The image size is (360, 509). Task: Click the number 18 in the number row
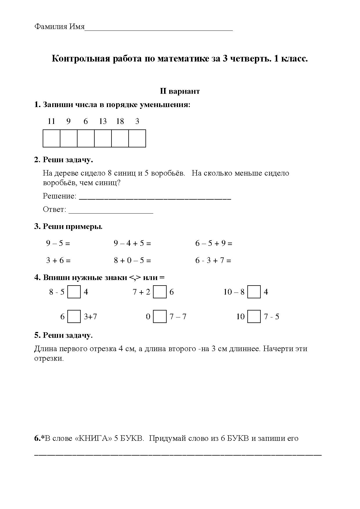[x=120, y=121]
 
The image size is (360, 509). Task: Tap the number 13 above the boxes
[x=103, y=121]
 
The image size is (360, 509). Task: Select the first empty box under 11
[x=51, y=138]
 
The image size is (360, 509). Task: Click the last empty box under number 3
[x=137, y=138]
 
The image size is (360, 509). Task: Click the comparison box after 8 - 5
[x=74, y=292]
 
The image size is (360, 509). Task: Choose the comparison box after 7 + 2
[x=160, y=292]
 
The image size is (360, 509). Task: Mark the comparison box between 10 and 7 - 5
[x=254, y=316]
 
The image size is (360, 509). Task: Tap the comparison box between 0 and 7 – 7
[x=160, y=316]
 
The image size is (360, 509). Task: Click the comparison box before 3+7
[x=74, y=316]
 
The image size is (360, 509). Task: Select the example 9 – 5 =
[x=58, y=243]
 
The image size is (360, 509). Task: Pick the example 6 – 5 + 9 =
[x=214, y=243]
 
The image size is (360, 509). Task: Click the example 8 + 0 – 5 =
[x=132, y=260]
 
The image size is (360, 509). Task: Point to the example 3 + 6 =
[x=58, y=260]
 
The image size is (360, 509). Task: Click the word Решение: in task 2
[x=60, y=196]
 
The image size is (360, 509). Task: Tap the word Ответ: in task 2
[x=55, y=210]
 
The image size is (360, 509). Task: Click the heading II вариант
[x=180, y=91]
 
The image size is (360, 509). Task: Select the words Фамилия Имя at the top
[x=60, y=27]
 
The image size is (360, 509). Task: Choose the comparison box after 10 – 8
[x=254, y=292]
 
